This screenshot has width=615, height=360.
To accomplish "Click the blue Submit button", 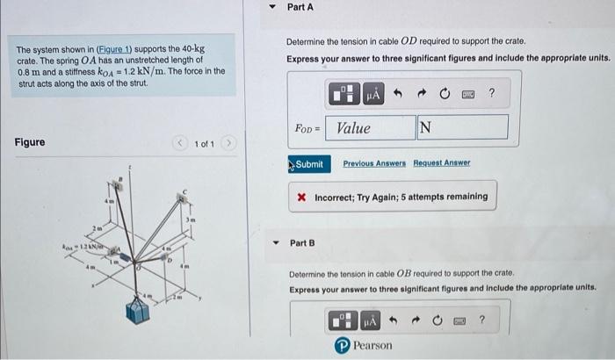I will (x=307, y=164).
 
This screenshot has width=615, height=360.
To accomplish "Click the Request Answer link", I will (x=442, y=163).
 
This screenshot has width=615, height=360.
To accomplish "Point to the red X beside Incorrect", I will (x=301, y=197).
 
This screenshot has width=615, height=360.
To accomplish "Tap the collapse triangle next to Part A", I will (x=272, y=7).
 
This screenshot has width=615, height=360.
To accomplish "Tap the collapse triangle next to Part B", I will (x=274, y=242).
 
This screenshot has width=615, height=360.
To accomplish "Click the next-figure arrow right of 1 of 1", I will (x=231, y=143).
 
